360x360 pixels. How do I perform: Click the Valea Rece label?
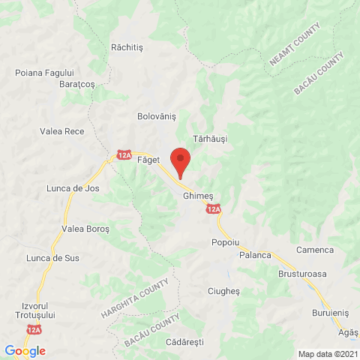click(61, 131)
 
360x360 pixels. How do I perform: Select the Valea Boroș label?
click(85, 228)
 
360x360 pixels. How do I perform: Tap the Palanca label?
click(255, 255)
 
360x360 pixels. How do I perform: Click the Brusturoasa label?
click(302, 274)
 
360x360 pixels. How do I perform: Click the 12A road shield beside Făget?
click(124, 156)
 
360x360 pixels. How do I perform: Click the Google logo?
click(25, 350)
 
